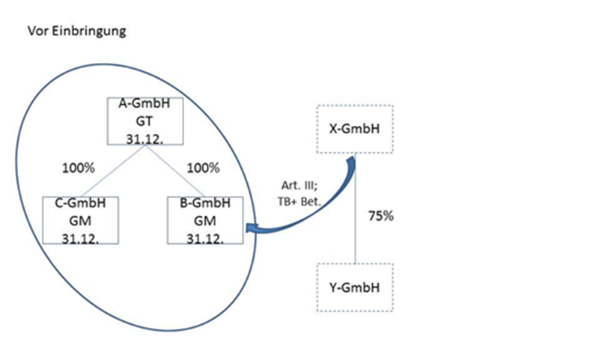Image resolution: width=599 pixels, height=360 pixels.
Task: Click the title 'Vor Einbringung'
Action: point(76,32)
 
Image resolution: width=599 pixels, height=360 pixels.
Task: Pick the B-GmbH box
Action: point(205,220)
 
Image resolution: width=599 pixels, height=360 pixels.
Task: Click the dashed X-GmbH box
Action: point(353,128)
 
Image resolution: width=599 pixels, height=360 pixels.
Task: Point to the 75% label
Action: point(381,216)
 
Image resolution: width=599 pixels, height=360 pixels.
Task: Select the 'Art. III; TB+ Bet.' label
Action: point(295,196)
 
